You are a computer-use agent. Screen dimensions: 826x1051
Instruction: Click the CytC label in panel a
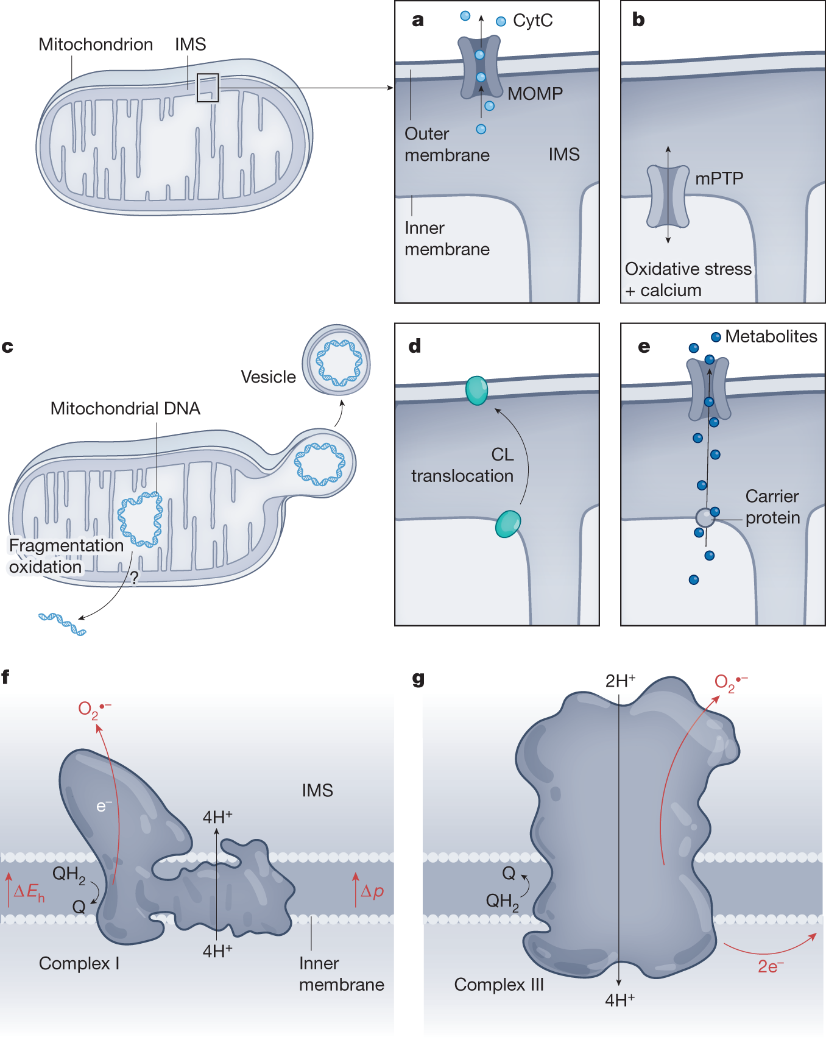(532, 21)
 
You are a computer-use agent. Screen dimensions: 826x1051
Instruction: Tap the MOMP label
(535, 94)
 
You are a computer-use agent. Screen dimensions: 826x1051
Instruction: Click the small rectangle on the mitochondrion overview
(208, 88)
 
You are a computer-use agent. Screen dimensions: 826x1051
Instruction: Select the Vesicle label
(268, 377)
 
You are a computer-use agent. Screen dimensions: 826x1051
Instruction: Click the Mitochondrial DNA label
(125, 409)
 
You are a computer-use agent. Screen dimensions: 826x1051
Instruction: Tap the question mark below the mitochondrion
(134, 577)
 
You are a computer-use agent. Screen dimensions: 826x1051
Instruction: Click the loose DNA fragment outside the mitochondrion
(62, 624)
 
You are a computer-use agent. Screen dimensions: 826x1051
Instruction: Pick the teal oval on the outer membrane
(476, 391)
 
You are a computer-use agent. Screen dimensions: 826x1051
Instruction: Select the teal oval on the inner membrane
(508, 524)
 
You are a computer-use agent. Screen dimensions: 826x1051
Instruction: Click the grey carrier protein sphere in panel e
(705, 518)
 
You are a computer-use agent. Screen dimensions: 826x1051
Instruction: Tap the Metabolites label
(771, 336)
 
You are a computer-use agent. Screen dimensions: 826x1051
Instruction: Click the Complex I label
(79, 964)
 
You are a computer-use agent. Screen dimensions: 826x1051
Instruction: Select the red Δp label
(372, 891)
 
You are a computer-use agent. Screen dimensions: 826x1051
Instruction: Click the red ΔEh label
(29, 893)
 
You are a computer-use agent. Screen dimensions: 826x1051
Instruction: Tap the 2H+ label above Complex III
(620, 681)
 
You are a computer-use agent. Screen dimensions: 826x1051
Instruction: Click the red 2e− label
(771, 967)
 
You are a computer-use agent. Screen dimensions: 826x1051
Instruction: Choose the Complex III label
(499, 985)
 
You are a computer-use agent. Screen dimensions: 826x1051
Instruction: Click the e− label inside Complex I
(104, 807)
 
